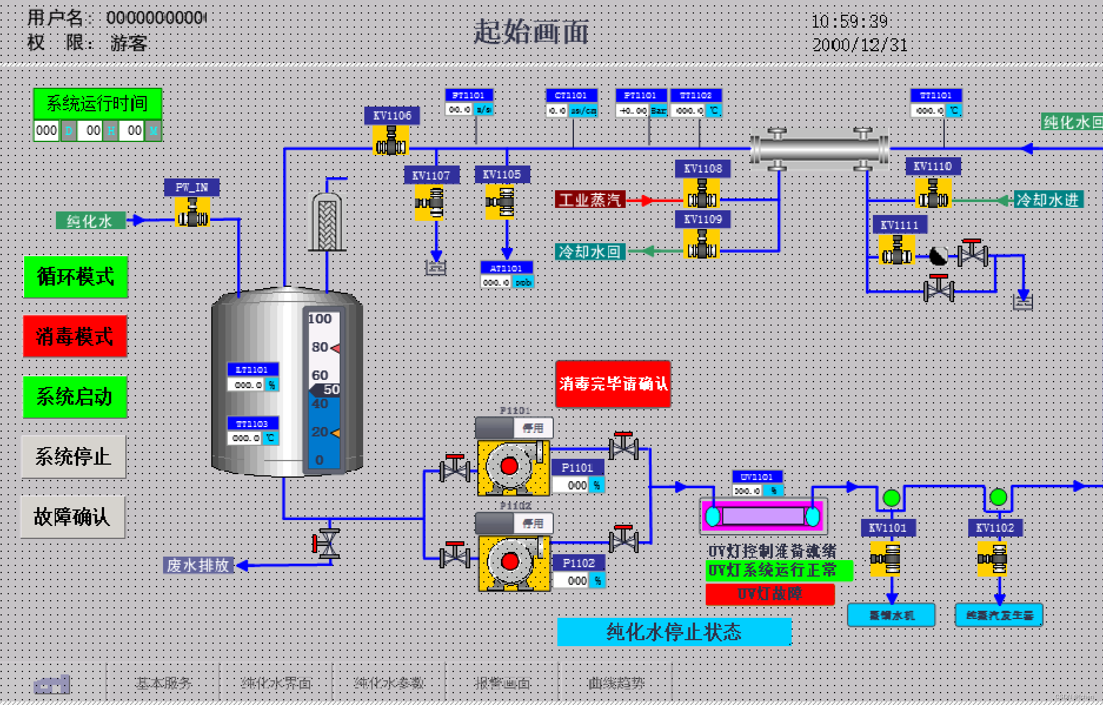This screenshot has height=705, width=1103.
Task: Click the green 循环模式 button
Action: point(75,277)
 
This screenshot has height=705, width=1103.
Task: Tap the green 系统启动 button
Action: point(75,397)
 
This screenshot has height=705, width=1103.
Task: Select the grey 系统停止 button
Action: point(74,457)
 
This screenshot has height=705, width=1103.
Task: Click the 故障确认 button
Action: point(72,517)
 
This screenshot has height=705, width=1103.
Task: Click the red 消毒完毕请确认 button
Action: point(613,384)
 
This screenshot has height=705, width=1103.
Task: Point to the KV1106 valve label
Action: point(392,115)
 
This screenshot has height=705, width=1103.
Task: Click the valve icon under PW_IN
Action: point(192,213)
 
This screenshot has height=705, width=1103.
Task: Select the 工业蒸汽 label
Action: point(590,200)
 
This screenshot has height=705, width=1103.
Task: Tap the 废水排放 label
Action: point(198,565)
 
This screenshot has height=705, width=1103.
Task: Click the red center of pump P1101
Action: point(509,466)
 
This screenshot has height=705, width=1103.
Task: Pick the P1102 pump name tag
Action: point(579,563)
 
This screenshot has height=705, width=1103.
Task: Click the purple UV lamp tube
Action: point(763,517)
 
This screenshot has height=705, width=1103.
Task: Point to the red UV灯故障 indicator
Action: point(770,594)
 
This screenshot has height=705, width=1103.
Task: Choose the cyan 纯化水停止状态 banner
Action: point(674,632)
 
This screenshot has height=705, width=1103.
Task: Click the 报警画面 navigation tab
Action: point(502,683)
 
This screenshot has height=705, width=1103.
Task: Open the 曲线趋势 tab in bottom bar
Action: point(616,683)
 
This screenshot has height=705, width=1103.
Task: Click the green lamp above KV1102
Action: point(998,497)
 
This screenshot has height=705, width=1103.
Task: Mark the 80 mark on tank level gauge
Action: point(320,347)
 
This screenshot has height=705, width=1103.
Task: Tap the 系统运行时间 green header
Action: point(97,104)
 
